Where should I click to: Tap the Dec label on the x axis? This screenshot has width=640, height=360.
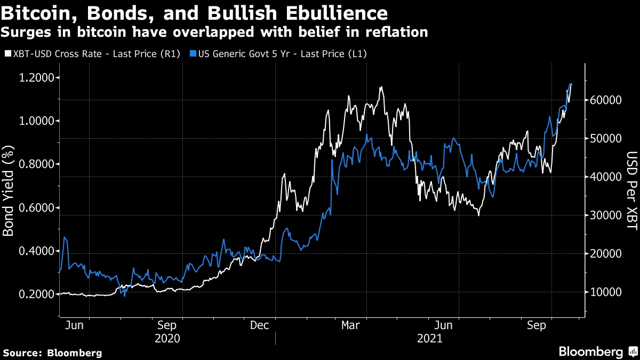tap(259, 325)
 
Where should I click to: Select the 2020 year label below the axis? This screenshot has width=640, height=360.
tap(166, 338)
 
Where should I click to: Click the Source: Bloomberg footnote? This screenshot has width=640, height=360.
tap(52, 353)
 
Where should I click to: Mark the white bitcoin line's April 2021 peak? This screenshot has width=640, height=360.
tap(381, 86)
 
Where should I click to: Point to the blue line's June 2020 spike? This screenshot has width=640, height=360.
tap(65, 237)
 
